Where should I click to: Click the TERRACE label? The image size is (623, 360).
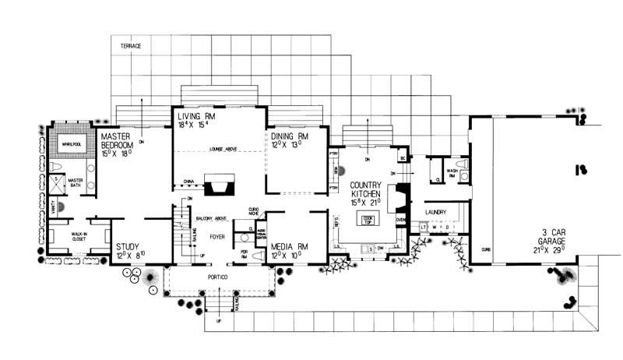tap(131, 47)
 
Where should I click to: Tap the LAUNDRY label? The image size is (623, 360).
tap(439, 211)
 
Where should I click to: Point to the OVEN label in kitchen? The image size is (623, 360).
tap(401, 220)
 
